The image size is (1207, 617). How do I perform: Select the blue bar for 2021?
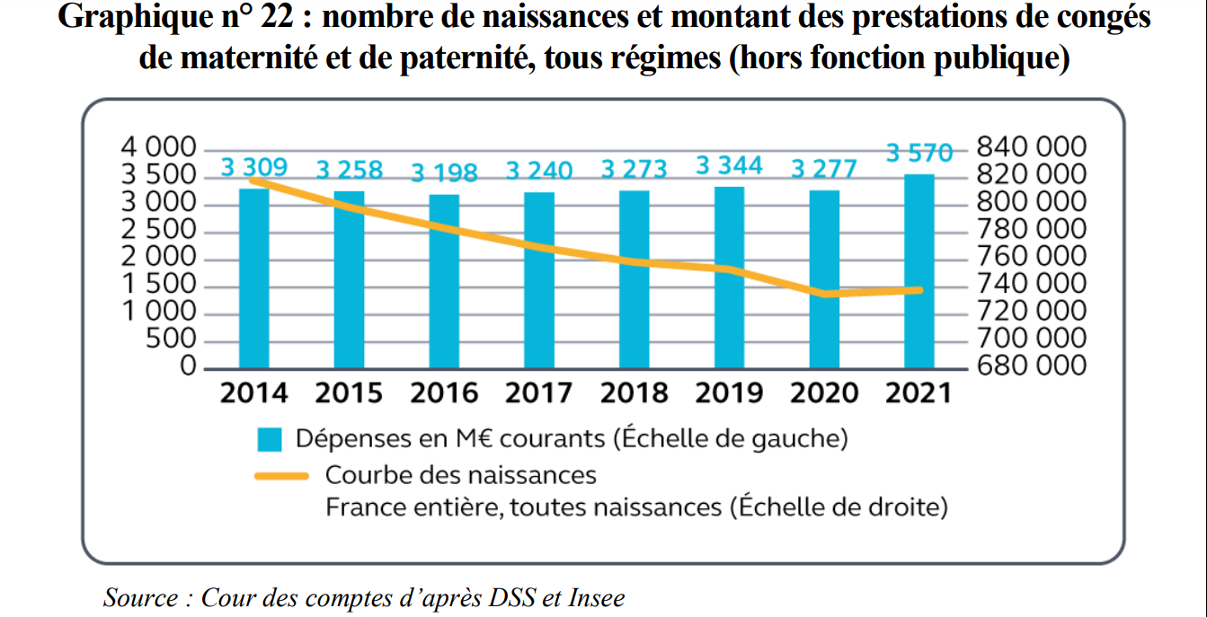pos(919,271)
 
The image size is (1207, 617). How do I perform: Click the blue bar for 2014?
pos(254,278)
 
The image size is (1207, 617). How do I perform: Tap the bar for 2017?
pos(539,280)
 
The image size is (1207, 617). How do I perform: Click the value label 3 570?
pos(919,154)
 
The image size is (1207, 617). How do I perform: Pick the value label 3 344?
pos(729,165)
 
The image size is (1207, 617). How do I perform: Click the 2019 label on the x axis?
pos(729,393)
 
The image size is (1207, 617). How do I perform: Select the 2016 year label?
pos(444,393)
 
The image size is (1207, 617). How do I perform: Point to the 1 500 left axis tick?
pos(158,285)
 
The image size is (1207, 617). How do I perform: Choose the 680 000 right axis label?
pos(1030,366)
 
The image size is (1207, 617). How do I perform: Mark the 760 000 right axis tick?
pos(1030,257)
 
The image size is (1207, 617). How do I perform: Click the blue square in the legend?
pos(270,440)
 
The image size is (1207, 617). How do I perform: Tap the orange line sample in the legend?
pos(281,475)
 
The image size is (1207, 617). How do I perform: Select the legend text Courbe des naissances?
pos(460,474)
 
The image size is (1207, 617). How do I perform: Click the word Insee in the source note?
pos(596,597)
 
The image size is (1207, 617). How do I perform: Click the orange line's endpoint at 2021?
pos(919,290)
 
